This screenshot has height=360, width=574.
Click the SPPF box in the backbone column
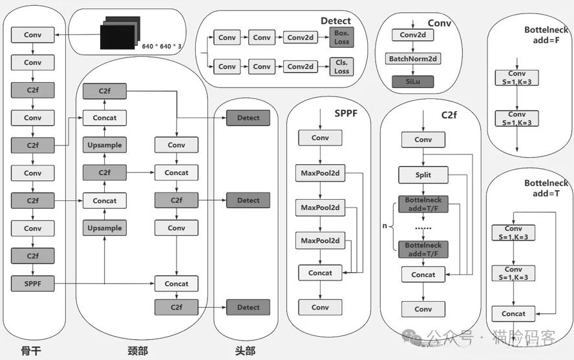(x=33, y=283)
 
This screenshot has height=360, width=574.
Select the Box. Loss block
(x=341, y=37)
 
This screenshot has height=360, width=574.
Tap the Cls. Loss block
(x=341, y=67)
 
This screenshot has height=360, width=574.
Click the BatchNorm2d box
(x=412, y=59)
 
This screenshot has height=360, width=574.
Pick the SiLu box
(x=412, y=82)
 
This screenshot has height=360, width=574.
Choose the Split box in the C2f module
(x=423, y=175)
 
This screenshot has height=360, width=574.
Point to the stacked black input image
(x=118, y=34)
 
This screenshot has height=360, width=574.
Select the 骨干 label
(x=31, y=350)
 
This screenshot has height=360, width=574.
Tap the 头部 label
(x=245, y=350)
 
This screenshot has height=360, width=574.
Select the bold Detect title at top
(x=335, y=21)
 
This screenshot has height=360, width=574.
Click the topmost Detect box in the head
(x=248, y=118)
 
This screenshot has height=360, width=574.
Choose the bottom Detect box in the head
(x=248, y=308)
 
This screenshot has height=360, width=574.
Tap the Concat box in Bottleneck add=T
(x=513, y=314)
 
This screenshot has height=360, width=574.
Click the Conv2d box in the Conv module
(x=412, y=35)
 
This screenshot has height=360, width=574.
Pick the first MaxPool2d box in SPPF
(x=320, y=173)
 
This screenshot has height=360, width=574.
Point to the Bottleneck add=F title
(x=546, y=34)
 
